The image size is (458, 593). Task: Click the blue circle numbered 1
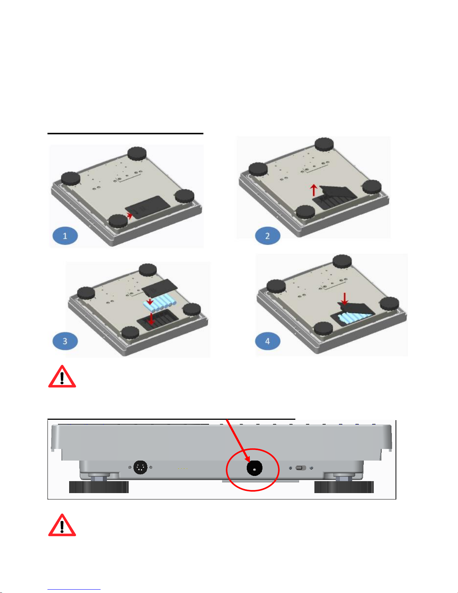pyautogui.click(x=65, y=235)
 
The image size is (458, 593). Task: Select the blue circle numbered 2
pyautogui.click(x=267, y=235)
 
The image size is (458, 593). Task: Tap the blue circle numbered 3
pyautogui.click(x=65, y=341)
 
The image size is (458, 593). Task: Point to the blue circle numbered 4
pyautogui.click(x=267, y=341)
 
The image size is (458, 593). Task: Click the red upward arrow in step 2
pyautogui.click(x=314, y=190)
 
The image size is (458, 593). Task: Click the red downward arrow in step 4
pyautogui.click(x=345, y=299)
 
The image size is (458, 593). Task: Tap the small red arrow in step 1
pyautogui.click(x=130, y=216)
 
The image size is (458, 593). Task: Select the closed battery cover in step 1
pyautogui.click(x=148, y=207)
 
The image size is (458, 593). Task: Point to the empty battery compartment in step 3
pyautogui.click(x=157, y=320)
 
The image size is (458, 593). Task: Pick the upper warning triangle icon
pyautogui.click(x=62, y=377)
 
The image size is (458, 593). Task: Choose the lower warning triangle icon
pyautogui.click(x=62, y=525)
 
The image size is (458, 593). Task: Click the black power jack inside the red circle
pyautogui.click(x=254, y=468)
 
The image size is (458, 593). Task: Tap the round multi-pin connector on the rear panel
pyautogui.click(x=141, y=467)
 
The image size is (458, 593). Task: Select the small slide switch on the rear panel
pyautogui.click(x=301, y=468)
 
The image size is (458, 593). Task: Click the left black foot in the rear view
pyautogui.click(x=99, y=487)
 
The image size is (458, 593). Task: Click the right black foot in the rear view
pyautogui.click(x=344, y=487)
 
